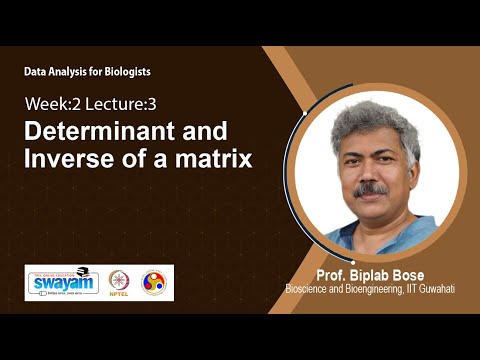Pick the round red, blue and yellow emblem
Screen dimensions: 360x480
tap(154, 283)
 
